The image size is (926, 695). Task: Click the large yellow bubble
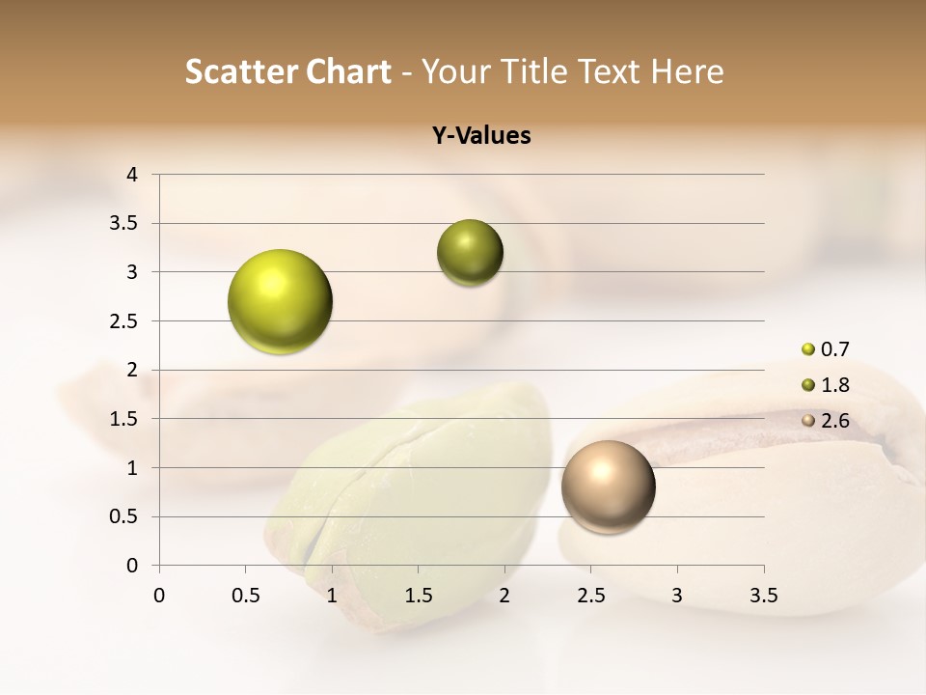pyautogui.click(x=280, y=301)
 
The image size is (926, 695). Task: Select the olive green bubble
pyautogui.click(x=470, y=253)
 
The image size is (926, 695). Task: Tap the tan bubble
pyautogui.click(x=608, y=486)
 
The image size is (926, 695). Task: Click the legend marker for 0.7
pyautogui.click(x=808, y=349)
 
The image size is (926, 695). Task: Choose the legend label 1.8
pyautogui.click(x=834, y=385)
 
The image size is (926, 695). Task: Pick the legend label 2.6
pyautogui.click(x=834, y=421)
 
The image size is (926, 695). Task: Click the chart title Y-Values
pyautogui.click(x=481, y=136)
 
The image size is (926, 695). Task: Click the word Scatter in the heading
pyautogui.click(x=240, y=71)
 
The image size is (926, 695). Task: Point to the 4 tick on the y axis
pyautogui.click(x=132, y=175)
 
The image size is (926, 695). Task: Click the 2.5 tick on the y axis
pyautogui.click(x=125, y=321)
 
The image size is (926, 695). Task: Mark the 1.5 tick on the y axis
pyautogui.click(x=125, y=419)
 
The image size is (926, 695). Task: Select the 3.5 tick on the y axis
pyautogui.click(x=125, y=224)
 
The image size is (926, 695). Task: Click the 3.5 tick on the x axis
pyautogui.click(x=763, y=596)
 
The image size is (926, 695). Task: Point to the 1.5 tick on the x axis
pyautogui.click(x=418, y=596)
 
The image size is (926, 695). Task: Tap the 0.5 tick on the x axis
pyautogui.click(x=245, y=596)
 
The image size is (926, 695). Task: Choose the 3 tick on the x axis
pyautogui.click(x=677, y=596)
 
